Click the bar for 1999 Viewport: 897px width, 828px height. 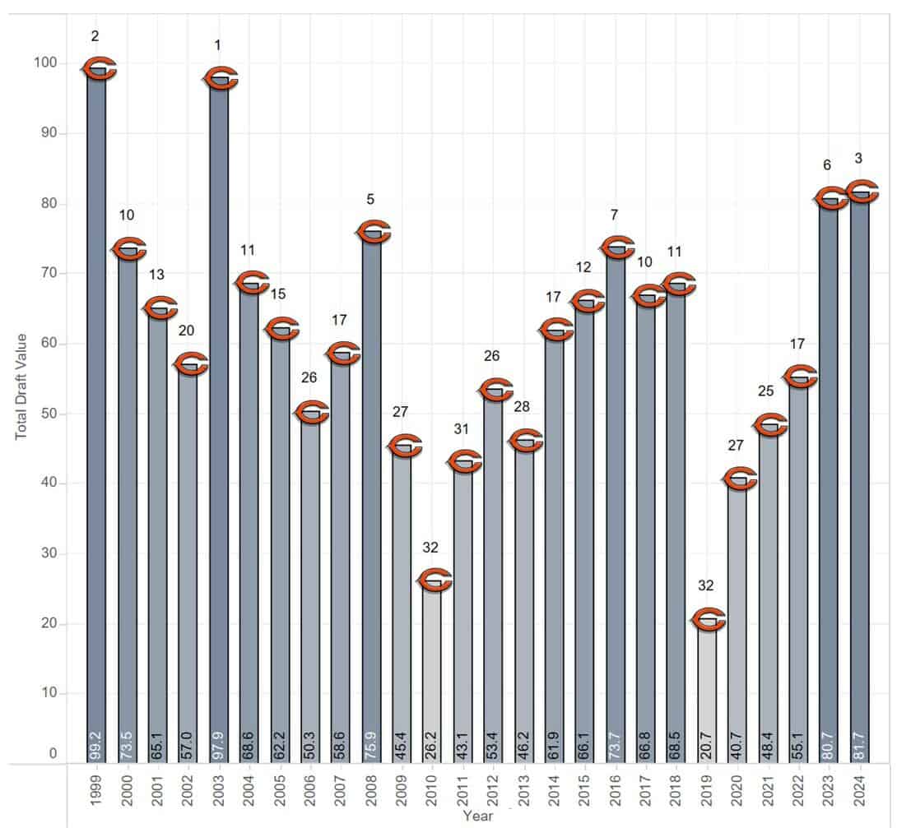pos(96,411)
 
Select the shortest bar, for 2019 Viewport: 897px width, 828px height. pos(707,691)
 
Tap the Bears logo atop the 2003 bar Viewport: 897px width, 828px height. pos(220,79)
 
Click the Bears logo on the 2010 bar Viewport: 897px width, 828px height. pos(433,581)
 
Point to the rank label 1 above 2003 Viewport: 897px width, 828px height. pos(217,45)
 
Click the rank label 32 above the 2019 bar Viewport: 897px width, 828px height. pos(706,585)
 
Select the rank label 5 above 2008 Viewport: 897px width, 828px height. pos(371,198)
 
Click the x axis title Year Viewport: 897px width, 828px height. pos(477,816)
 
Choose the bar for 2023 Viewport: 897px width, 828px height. pos(829,477)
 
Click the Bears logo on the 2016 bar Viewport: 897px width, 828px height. pos(616,247)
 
